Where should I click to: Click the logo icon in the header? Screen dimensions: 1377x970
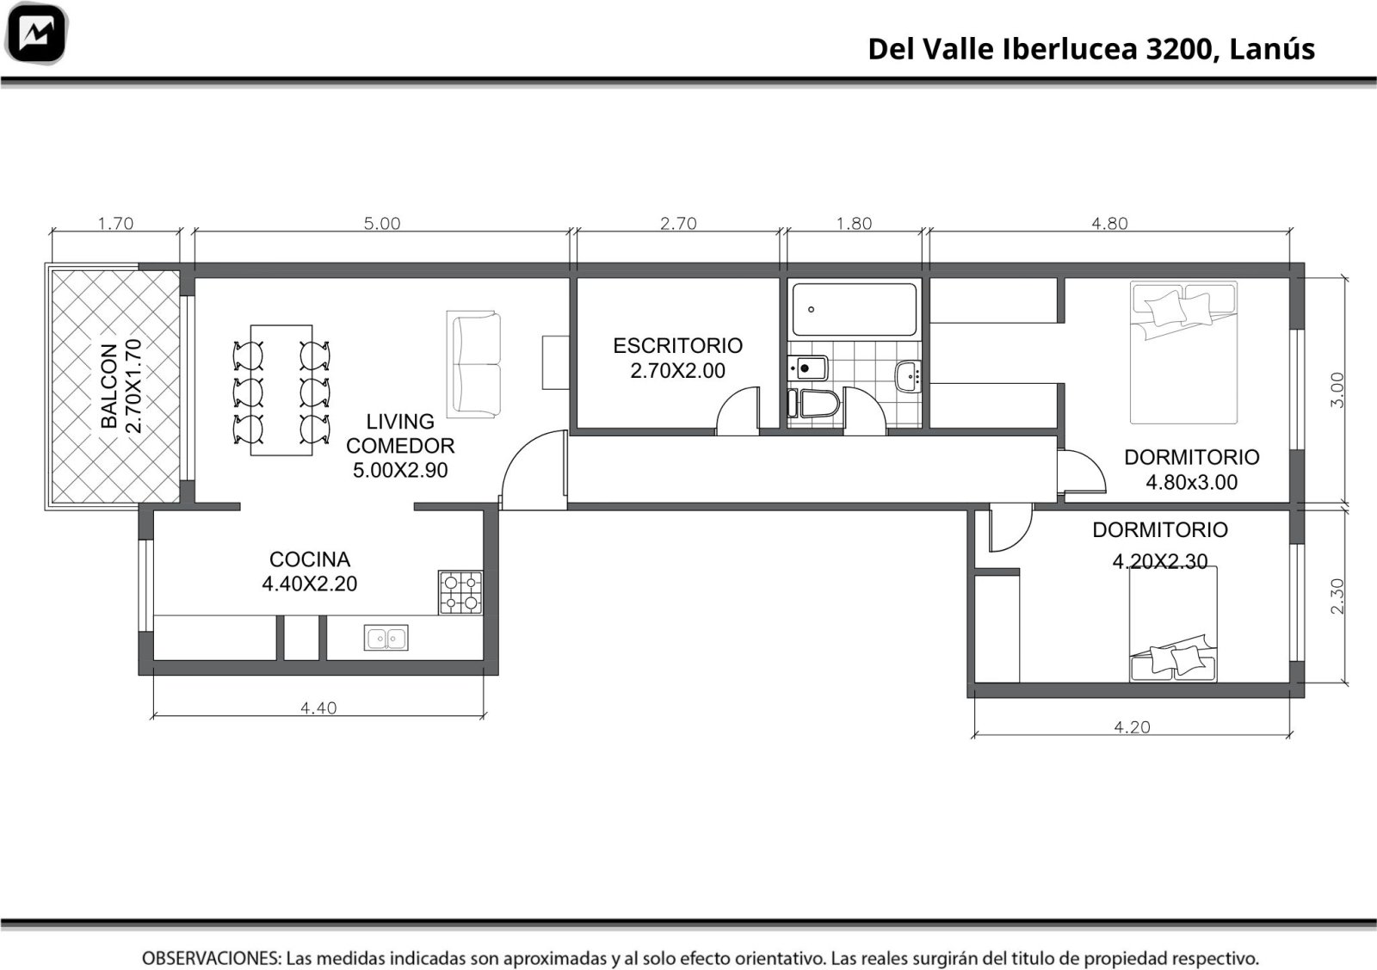35,34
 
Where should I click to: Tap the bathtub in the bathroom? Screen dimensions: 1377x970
854,309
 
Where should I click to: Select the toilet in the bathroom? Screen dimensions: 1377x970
813,404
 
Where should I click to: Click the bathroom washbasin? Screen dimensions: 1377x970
908,376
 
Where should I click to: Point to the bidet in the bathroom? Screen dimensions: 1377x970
808,368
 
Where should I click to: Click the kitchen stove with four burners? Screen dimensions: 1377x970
460,592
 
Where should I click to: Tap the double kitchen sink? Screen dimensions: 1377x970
386,638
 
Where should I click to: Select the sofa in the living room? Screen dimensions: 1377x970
473,365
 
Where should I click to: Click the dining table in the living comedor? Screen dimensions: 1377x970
281,391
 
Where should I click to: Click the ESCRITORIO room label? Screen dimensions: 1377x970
677,345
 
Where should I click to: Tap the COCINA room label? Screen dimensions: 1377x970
310,559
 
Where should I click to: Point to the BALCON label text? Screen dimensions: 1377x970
108,386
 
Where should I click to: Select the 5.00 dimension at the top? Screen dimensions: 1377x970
382,223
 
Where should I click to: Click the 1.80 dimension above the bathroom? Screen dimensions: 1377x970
854,223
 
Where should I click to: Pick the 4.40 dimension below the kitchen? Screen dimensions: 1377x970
318,708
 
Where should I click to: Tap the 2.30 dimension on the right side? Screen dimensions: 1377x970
1337,596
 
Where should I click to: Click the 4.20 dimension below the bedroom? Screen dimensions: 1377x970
1133,727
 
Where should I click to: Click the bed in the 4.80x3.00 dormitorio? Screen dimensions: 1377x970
1183,353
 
